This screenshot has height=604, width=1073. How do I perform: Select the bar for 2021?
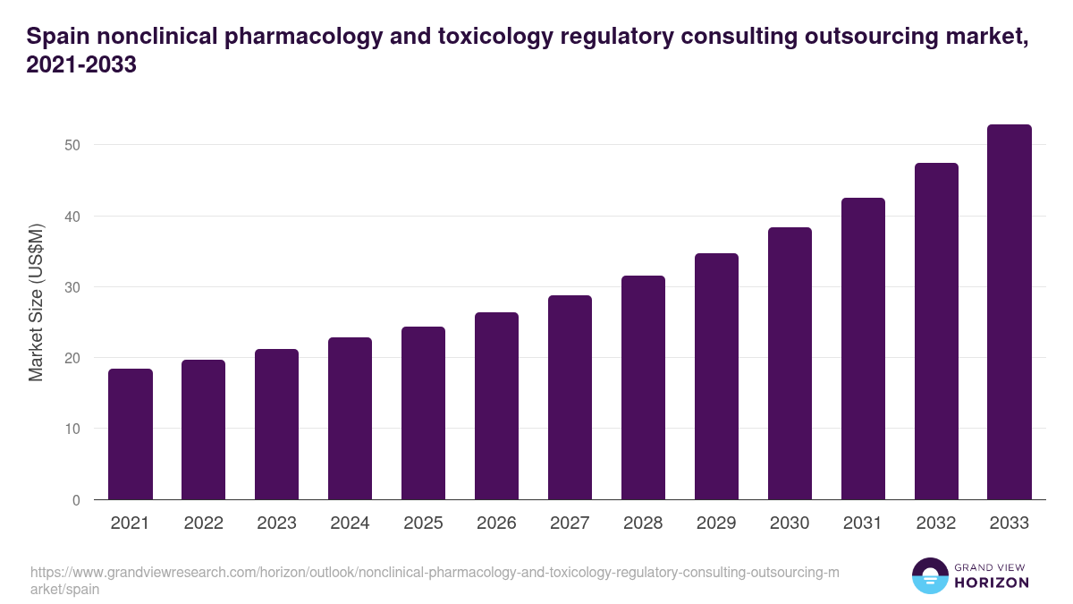click(131, 434)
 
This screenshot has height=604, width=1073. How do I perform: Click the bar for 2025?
click(423, 413)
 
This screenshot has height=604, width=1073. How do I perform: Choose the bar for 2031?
click(863, 348)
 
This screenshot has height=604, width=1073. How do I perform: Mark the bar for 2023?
click(276, 424)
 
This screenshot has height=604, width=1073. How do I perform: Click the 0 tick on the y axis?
click(77, 500)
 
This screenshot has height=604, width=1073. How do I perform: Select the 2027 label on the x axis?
click(570, 523)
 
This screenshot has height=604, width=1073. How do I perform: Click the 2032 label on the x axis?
click(936, 523)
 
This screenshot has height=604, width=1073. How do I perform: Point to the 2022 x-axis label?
click(203, 523)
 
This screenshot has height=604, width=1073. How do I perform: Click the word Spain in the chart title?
click(57, 37)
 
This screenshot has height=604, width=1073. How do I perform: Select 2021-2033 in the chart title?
click(81, 65)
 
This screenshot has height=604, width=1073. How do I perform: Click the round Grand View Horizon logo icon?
click(929, 575)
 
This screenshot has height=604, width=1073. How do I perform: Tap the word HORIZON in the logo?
click(992, 583)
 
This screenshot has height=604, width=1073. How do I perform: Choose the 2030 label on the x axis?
click(790, 523)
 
